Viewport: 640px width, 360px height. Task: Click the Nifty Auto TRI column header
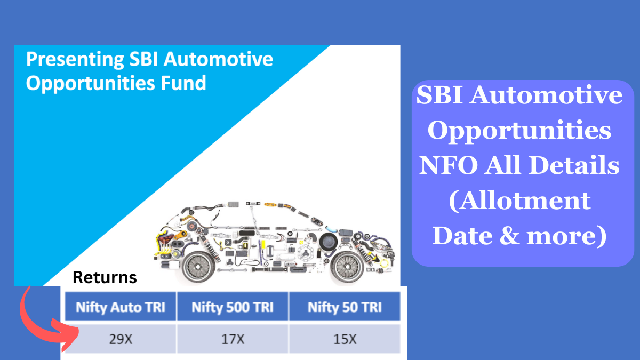tap(120, 307)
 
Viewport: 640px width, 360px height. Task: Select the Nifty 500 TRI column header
tap(232, 307)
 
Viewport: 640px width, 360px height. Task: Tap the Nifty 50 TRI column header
tap(345, 307)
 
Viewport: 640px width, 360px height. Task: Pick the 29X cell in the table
tap(120, 339)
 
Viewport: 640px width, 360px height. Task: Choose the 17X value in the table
tap(232, 339)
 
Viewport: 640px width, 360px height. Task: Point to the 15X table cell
tap(345, 339)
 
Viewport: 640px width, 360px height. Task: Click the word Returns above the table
tap(105, 277)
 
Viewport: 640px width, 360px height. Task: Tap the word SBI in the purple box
tap(441, 96)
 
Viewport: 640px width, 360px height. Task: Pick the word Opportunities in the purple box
tap(519, 131)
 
